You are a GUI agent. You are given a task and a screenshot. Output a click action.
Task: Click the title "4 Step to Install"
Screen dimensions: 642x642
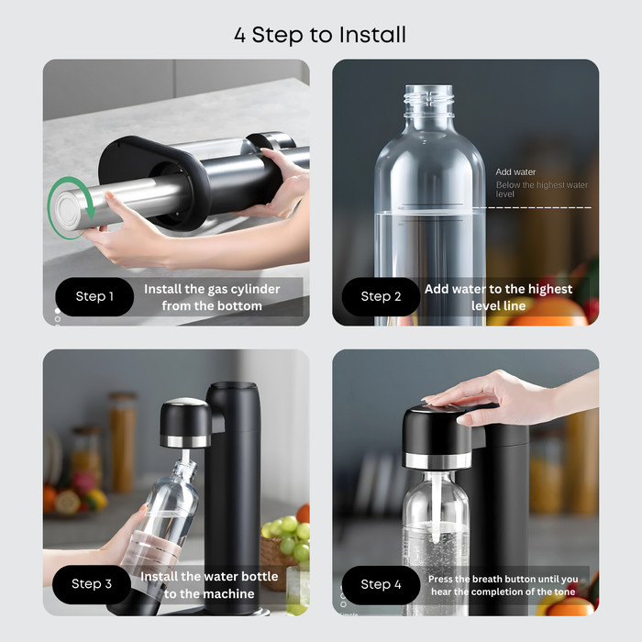[320, 35]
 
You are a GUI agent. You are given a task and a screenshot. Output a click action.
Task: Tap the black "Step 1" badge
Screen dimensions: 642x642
[94, 296]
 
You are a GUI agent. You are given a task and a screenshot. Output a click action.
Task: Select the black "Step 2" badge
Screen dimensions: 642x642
[381, 296]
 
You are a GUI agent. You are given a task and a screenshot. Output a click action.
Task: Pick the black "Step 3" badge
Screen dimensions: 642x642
[92, 584]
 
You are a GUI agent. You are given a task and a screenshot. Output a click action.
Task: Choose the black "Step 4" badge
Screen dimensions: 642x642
[381, 585]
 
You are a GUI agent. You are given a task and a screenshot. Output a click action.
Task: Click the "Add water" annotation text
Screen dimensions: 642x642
[515, 172]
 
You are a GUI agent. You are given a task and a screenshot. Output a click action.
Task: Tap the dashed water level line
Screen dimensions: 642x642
[532, 207]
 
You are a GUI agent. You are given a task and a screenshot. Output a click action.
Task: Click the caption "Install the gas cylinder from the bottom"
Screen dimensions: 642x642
[212, 297]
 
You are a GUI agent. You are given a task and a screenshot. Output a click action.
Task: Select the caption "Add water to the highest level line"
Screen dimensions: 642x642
[498, 297]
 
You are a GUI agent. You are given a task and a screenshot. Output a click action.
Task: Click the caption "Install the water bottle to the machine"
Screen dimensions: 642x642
[209, 585]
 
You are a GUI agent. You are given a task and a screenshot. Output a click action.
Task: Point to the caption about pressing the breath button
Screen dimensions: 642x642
[504, 585]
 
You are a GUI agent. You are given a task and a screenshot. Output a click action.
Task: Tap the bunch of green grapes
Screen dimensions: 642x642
[291, 531]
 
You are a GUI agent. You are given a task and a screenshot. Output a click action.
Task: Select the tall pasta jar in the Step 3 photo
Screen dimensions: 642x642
[122, 442]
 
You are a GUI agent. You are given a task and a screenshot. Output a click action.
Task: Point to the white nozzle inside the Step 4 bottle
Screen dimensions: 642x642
[437, 508]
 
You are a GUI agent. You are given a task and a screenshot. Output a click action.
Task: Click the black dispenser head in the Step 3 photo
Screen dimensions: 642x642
[185, 423]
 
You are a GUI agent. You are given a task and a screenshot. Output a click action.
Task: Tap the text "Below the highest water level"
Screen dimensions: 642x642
[542, 190]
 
